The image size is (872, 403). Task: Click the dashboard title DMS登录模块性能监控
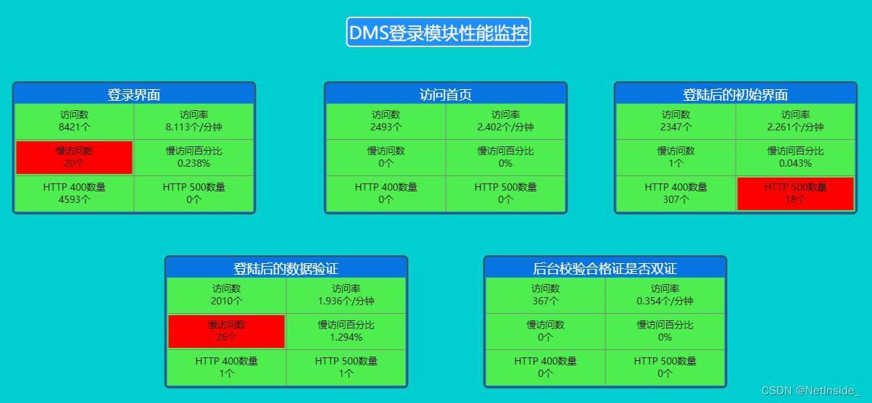pyautogui.click(x=439, y=33)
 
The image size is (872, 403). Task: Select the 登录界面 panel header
pyautogui.click(x=134, y=94)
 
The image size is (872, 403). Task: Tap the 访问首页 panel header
pyautogui.click(x=446, y=94)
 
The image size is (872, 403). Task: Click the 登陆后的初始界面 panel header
pyautogui.click(x=735, y=94)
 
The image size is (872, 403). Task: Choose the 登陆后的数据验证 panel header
pyautogui.click(x=286, y=268)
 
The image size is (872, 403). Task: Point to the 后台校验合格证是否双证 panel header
pyautogui.click(x=605, y=268)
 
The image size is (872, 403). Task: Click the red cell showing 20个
pyautogui.click(x=74, y=157)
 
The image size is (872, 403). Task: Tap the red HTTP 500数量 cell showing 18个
pyautogui.click(x=795, y=194)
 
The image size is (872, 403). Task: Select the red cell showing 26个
pyautogui.click(x=226, y=331)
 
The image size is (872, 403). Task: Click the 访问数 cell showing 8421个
pyautogui.click(x=74, y=121)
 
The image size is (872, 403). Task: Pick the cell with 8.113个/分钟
pyautogui.click(x=194, y=121)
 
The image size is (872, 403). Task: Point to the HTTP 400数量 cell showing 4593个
pyautogui.click(x=74, y=194)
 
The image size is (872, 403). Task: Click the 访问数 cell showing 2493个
pyautogui.click(x=386, y=121)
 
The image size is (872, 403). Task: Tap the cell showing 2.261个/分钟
pyautogui.click(x=795, y=121)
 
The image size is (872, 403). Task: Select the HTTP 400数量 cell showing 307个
pyautogui.click(x=676, y=194)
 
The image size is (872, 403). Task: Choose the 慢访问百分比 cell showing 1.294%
pyautogui.click(x=346, y=331)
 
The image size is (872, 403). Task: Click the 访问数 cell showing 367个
pyautogui.click(x=545, y=295)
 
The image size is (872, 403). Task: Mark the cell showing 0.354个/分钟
pyautogui.click(x=665, y=295)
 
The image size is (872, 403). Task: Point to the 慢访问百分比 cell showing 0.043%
pyautogui.click(x=795, y=157)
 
